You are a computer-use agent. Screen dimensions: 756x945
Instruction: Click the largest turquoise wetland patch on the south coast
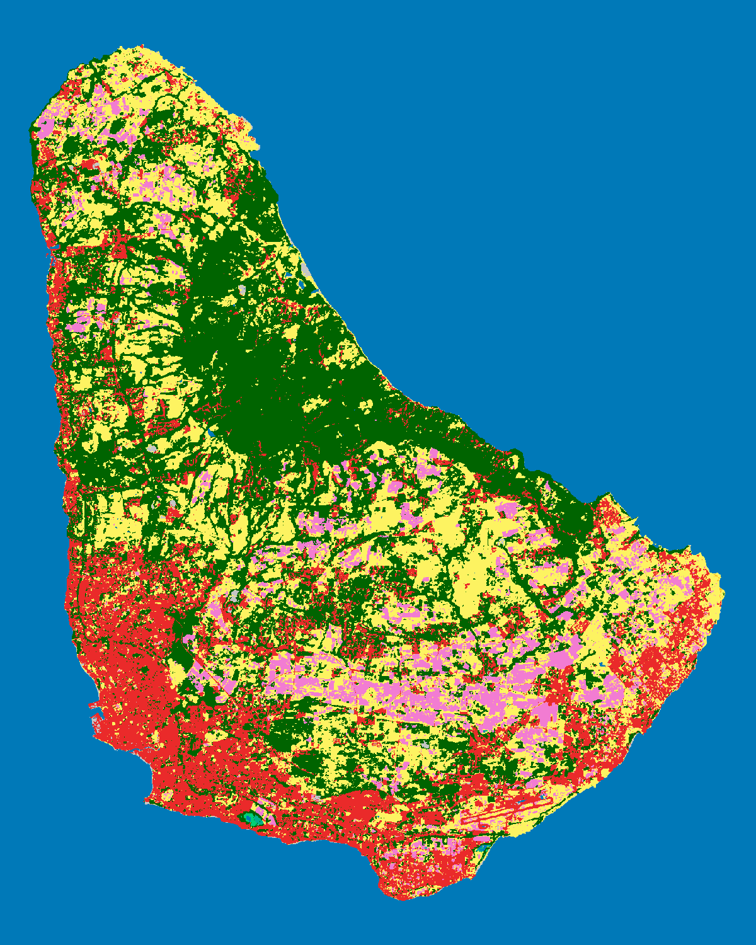[252, 819]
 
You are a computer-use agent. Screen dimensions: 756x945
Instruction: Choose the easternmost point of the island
[721, 592]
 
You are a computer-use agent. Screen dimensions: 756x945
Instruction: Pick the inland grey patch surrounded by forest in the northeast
[243, 291]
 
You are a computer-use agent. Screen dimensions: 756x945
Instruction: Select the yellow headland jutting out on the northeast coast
[249, 142]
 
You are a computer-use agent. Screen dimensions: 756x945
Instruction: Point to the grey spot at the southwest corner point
[147, 802]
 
